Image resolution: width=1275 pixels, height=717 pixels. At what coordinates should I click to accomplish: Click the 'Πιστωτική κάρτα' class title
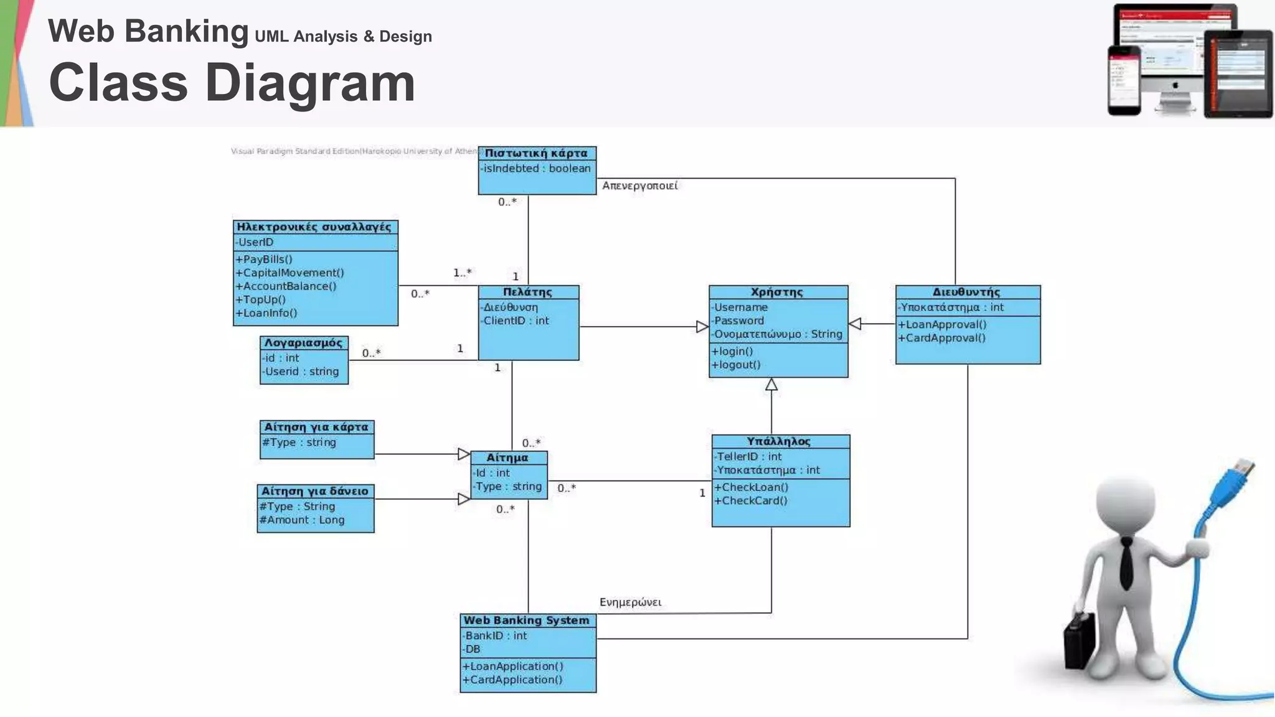(x=536, y=153)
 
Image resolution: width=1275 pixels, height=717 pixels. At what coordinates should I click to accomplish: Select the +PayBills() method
(x=264, y=259)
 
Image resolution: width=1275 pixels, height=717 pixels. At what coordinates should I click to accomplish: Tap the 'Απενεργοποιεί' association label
(x=639, y=185)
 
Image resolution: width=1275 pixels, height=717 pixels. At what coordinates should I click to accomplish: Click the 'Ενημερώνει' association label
(x=630, y=602)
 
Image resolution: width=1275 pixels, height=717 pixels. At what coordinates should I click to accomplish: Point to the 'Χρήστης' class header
(x=777, y=292)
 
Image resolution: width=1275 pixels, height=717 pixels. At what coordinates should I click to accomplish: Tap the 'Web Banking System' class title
(x=526, y=620)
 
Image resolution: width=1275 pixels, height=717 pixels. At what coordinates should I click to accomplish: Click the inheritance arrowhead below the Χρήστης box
(x=771, y=385)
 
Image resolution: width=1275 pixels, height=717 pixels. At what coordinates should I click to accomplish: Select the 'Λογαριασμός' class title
(x=303, y=343)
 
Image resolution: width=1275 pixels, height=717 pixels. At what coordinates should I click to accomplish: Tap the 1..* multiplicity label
(x=462, y=273)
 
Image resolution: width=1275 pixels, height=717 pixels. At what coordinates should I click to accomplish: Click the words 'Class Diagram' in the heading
(x=232, y=83)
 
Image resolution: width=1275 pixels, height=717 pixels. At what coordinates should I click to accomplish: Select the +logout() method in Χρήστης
(x=737, y=365)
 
